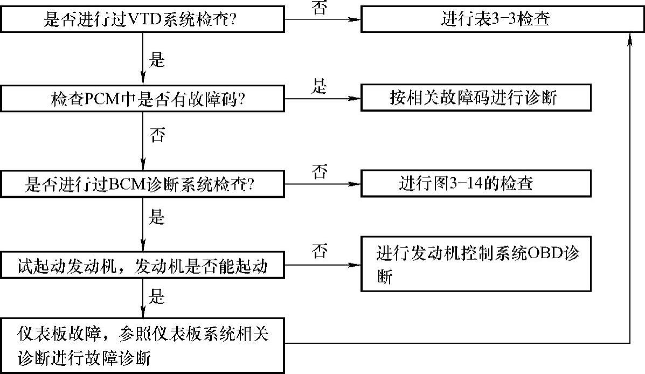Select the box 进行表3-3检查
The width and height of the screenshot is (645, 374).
[x=495, y=20]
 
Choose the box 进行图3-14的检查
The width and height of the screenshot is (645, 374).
[x=466, y=184]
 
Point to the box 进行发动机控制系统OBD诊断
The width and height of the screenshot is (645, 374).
[x=476, y=264]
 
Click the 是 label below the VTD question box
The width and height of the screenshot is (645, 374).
[x=157, y=59]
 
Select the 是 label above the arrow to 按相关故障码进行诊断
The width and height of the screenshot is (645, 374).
[x=320, y=86]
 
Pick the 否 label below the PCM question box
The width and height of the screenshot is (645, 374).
[x=157, y=135]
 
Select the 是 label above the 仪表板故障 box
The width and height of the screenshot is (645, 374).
[x=157, y=296]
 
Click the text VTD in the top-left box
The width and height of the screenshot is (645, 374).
[x=142, y=20]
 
